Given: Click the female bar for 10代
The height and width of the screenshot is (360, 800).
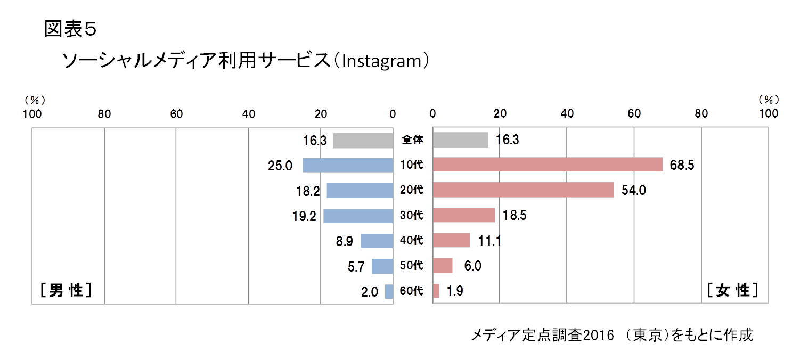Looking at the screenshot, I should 548,165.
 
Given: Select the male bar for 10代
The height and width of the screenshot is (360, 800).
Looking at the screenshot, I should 348,165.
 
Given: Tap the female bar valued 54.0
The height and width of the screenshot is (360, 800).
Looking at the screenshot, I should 523,190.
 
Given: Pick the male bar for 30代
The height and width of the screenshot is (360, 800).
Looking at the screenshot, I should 358,216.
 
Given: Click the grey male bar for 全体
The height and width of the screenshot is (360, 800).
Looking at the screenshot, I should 363,140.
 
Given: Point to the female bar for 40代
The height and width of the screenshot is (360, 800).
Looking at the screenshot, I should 451,240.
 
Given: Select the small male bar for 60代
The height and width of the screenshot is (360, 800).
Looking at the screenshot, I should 389,291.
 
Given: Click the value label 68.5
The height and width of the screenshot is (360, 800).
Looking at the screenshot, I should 682,165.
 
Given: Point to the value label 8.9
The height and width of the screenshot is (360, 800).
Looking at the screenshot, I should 344,241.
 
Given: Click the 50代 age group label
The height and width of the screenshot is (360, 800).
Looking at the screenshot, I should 412,266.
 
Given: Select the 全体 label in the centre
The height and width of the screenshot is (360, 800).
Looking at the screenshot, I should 412,140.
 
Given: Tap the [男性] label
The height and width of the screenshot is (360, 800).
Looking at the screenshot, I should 66,290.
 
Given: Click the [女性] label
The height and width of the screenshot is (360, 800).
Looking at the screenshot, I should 732,290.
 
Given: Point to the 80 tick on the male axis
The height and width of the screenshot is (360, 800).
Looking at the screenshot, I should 104,113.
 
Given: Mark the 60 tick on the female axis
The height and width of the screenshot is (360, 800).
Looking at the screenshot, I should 634,113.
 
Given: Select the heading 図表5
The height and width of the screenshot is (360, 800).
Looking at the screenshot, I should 70,29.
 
